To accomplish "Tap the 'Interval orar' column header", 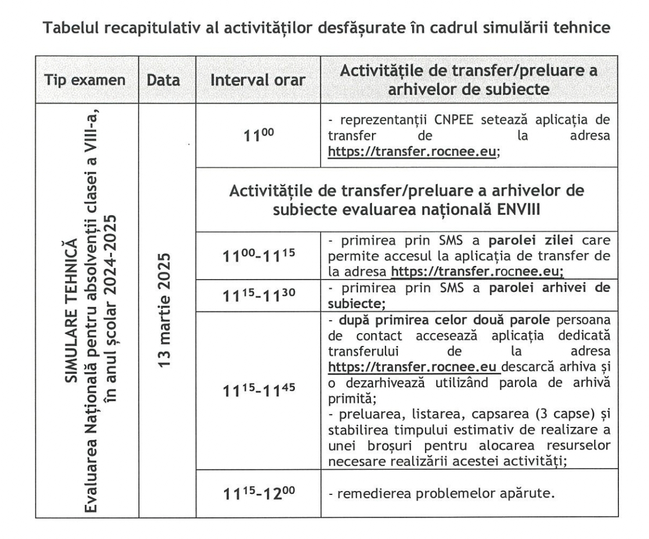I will pos(258,79).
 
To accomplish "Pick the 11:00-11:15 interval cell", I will pos(258,252).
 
